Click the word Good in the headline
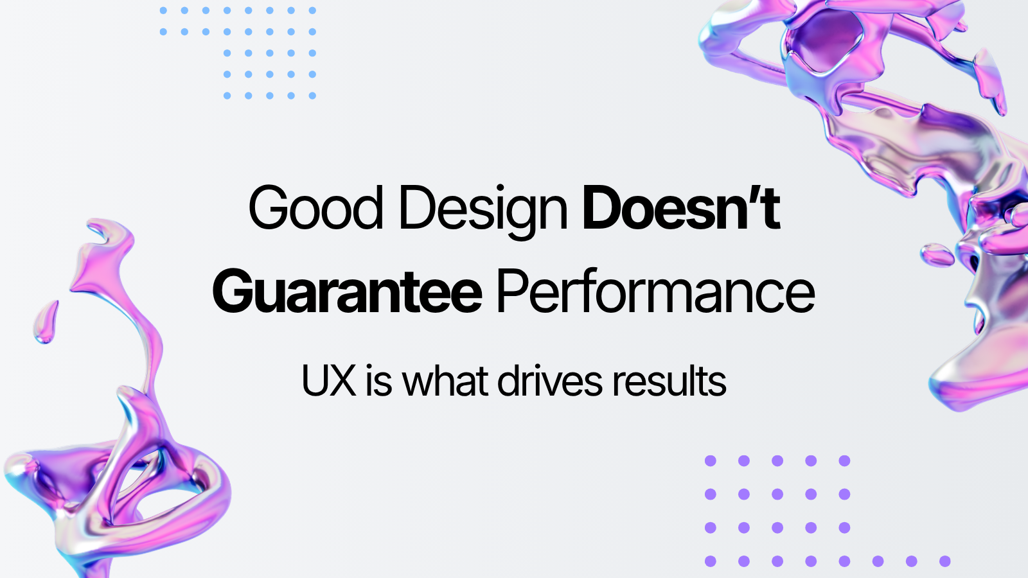pyautogui.click(x=315, y=208)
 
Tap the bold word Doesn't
pyautogui.click(x=681, y=208)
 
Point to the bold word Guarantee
pyautogui.click(x=347, y=293)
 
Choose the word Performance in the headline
pyautogui.click(x=655, y=292)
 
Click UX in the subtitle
pyautogui.click(x=328, y=381)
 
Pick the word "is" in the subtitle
pyautogui.click(x=378, y=381)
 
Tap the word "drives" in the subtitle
pyautogui.click(x=551, y=381)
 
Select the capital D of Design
pyautogui.click(x=416, y=208)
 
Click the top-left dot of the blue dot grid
pyautogui.click(x=163, y=10)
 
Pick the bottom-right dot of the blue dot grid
pyautogui.click(x=312, y=96)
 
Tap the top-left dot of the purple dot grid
pyautogui.click(x=711, y=460)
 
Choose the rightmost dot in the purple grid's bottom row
pyautogui.click(x=944, y=561)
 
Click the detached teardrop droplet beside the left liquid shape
pyautogui.click(x=46, y=321)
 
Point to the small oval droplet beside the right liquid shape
pyautogui.click(x=937, y=254)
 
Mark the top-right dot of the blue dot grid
pyautogui.click(x=312, y=10)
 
